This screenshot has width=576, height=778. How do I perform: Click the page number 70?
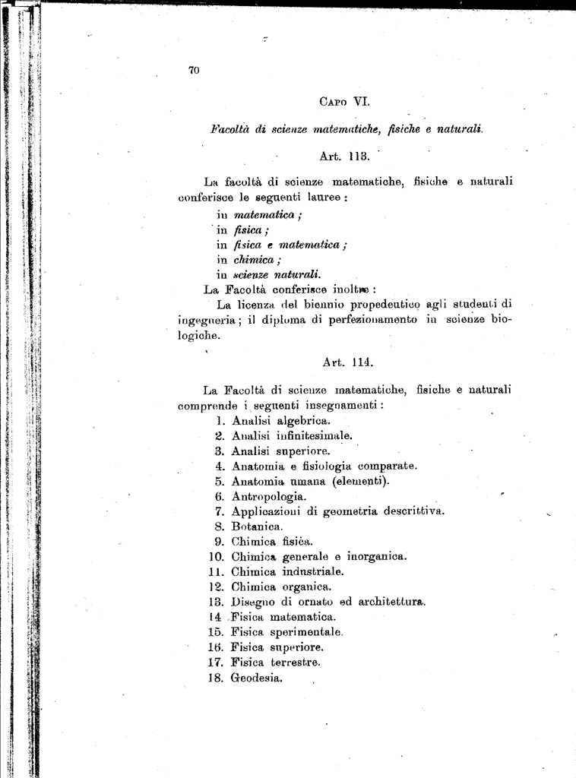[193, 71]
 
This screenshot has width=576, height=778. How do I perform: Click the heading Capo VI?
[344, 100]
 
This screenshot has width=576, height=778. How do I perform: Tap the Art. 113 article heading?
[344, 157]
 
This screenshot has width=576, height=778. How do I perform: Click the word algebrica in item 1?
[303, 420]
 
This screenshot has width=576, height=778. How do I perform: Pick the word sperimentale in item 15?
[306, 632]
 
